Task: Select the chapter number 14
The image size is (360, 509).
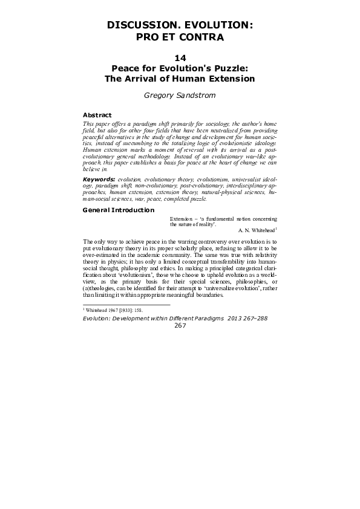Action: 180,58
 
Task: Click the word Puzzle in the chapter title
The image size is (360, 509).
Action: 231,68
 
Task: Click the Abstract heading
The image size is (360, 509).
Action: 97,114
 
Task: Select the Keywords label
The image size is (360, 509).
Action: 99,180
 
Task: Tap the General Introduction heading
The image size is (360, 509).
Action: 118,210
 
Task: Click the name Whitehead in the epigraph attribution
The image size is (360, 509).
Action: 257,230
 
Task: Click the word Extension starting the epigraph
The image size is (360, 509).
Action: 182,218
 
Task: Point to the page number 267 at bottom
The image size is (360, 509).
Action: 180,325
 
